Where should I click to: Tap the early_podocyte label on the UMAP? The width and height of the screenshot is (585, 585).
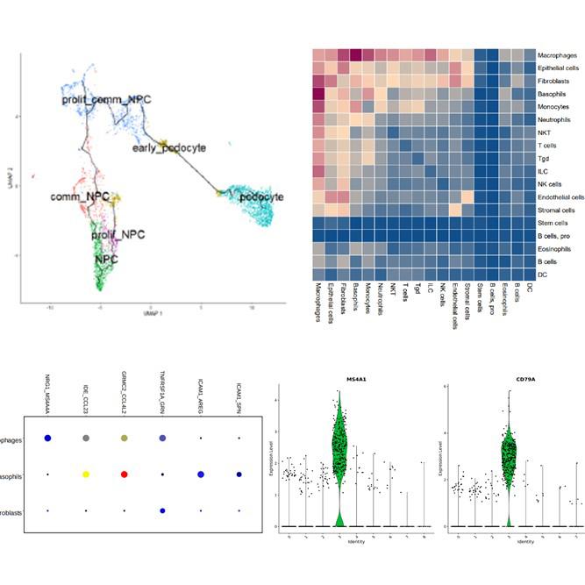pos(168,147)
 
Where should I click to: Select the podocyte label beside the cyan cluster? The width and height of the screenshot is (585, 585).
pos(260,197)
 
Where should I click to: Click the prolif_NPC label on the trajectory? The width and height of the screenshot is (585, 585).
pos(122,235)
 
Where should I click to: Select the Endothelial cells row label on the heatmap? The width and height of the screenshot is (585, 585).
pos(561,197)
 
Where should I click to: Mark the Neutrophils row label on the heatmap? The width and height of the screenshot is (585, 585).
pos(556,119)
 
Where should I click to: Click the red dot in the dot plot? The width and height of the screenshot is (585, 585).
pos(125,474)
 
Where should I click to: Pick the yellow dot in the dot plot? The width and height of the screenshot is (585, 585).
pos(86,474)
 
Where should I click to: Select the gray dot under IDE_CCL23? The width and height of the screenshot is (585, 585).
pos(86,438)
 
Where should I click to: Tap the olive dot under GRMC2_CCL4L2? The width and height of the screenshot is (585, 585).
pos(125,438)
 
